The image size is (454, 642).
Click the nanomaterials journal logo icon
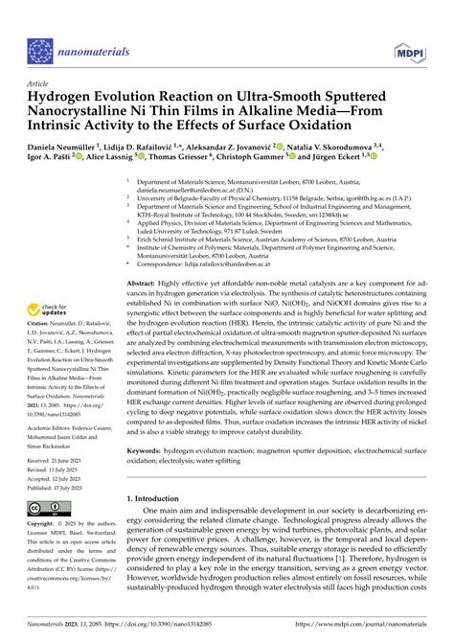point(39,24)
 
